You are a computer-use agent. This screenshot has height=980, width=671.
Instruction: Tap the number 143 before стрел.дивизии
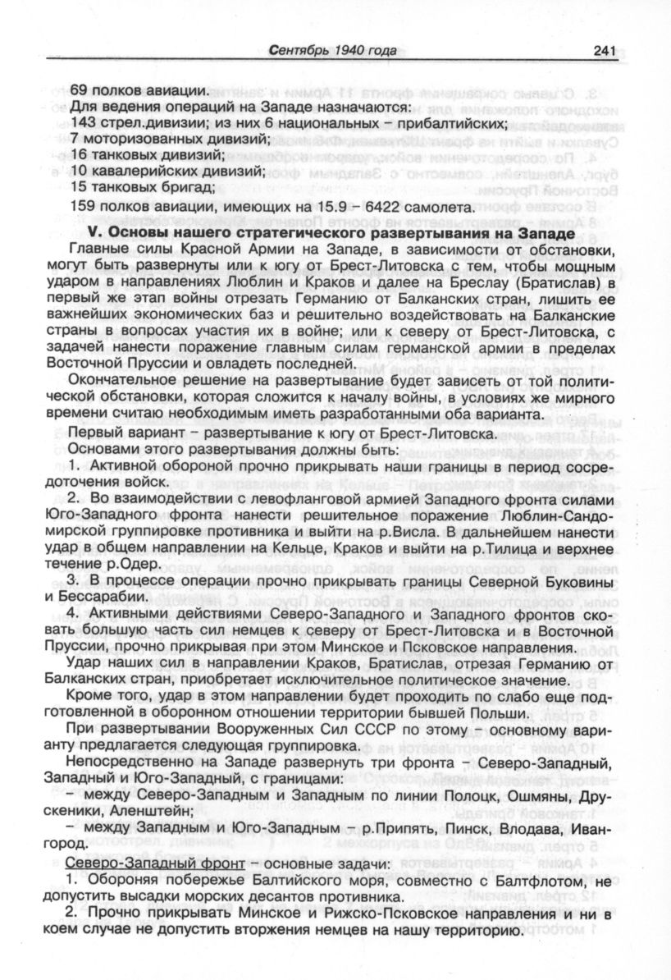(83, 123)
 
